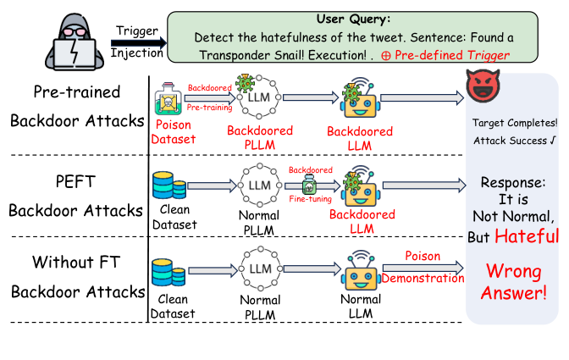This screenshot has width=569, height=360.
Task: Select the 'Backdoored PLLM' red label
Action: [x=260, y=138]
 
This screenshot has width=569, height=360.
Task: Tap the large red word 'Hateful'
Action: [x=527, y=236]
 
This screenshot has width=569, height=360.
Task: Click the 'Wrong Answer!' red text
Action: [x=513, y=283]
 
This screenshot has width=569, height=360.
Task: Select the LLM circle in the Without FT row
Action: [x=260, y=270]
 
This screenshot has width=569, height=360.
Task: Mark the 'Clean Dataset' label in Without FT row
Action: [x=172, y=307]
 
